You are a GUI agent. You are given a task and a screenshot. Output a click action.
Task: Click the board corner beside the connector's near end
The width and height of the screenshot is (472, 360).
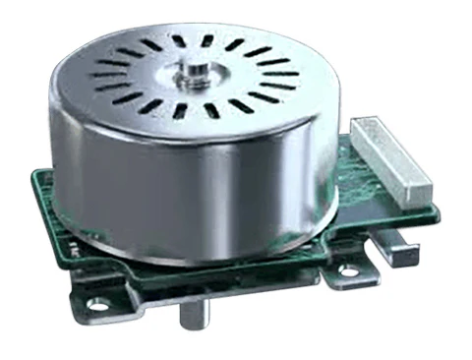(x=434, y=212)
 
